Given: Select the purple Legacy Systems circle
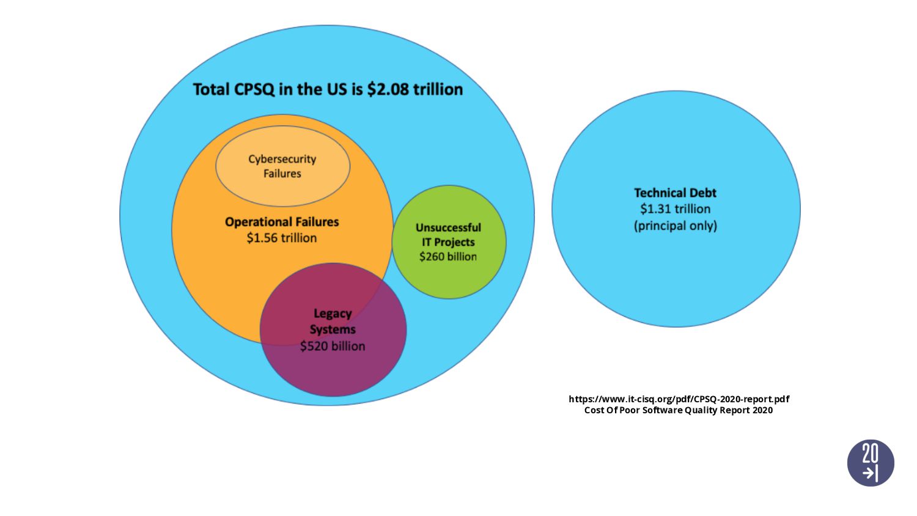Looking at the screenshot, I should tap(333, 373).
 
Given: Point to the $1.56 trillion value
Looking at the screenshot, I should tap(282, 238).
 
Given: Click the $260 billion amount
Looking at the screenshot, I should tap(448, 257).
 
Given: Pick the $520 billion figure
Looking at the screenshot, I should tap(333, 346).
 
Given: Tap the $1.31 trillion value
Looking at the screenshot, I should tap(675, 209).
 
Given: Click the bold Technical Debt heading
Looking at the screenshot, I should tap(675, 193).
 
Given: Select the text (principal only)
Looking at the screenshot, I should tap(675, 226).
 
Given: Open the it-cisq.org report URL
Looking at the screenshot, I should tap(679, 399).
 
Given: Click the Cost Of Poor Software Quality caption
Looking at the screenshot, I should tap(663, 410).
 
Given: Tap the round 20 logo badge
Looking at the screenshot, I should tap(871, 463).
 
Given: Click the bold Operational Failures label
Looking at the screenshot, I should tap(282, 221).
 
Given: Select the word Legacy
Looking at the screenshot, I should tap(333, 314).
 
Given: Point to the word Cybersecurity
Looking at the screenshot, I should tap(282, 159).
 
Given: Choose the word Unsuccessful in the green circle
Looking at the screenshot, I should tap(448, 227).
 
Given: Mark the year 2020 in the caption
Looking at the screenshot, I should tap(762, 410).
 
